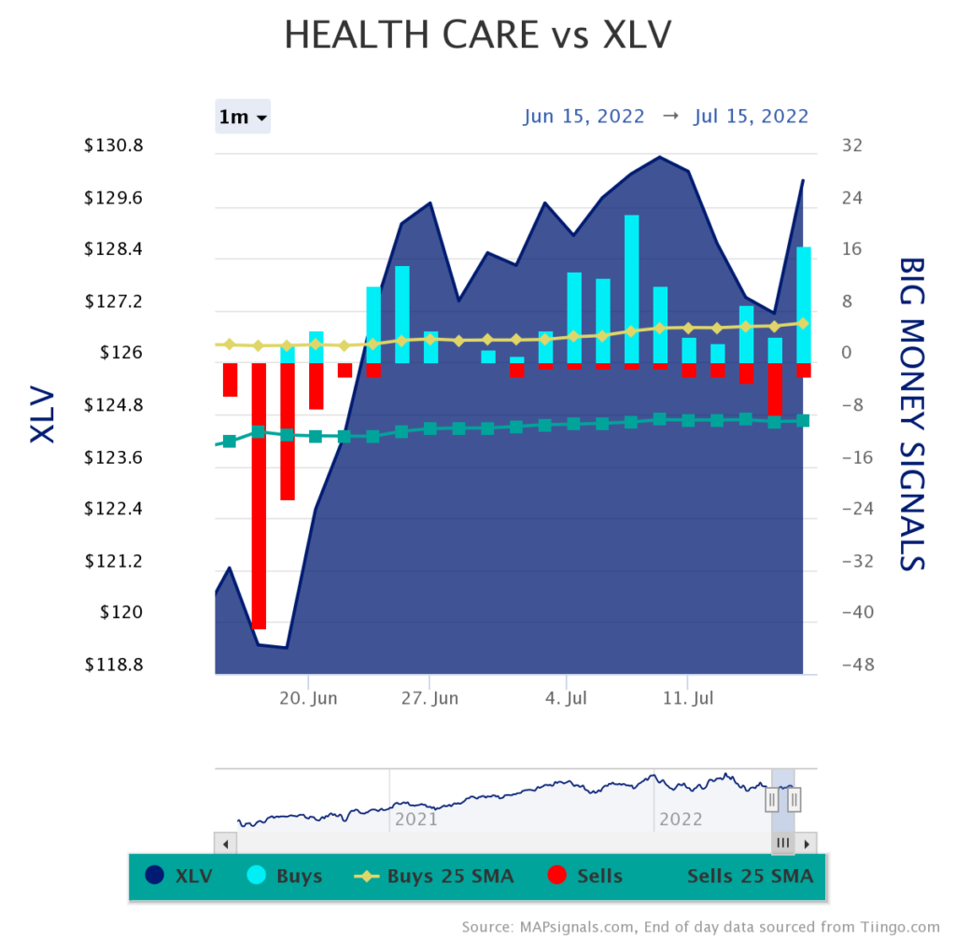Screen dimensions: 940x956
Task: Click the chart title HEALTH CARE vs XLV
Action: click(477, 35)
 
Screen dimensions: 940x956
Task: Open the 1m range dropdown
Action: click(243, 117)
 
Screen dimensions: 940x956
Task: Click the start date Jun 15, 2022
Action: click(583, 117)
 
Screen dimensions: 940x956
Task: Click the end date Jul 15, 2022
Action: click(751, 117)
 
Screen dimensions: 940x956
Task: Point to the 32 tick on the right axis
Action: click(851, 147)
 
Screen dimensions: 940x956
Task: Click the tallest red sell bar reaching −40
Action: click(259, 495)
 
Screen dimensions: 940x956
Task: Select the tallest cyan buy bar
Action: click(632, 289)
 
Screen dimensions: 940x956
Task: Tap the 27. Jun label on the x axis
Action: click(430, 698)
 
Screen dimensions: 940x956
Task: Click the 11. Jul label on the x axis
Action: click(687, 698)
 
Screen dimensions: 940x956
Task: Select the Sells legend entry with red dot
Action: click(584, 876)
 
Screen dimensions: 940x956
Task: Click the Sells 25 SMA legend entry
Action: click(750, 876)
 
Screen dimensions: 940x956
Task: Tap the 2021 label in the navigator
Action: click(416, 819)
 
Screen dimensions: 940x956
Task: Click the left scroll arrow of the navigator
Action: click(225, 843)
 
